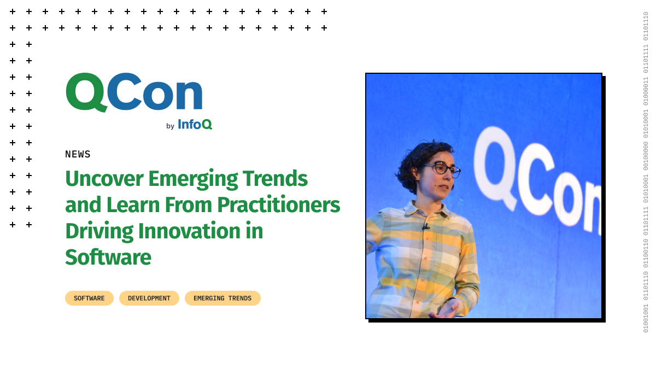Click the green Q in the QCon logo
pyautogui.click(x=85, y=92)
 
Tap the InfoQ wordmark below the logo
pyautogui.click(x=195, y=125)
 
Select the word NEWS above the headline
pyautogui.click(x=78, y=154)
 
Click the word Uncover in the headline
pyautogui.click(x=104, y=179)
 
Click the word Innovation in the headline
pyautogui.click(x=189, y=231)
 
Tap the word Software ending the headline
pyautogui.click(x=108, y=257)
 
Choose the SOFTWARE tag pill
pyautogui.click(x=89, y=298)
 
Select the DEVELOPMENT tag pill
pyautogui.click(x=149, y=298)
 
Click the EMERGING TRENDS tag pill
pyautogui.click(x=222, y=298)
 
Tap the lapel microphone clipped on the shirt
pyautogui.click(x=426, y=227)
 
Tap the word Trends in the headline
pyautogui.click(x=275, y=179)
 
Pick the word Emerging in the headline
pyautogui.click(x=193, y=180)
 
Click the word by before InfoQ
pyautogui.click(x=170, y=126)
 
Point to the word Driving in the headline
pyautogui.click(x=99, y=232)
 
